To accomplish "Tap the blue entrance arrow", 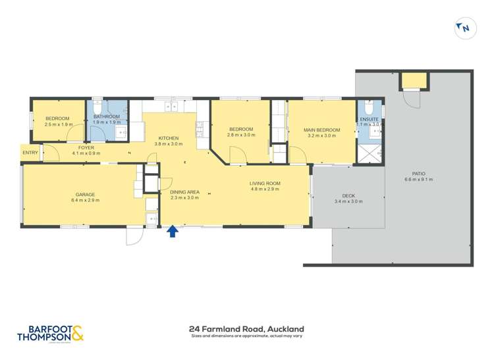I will click(x=173, y=230).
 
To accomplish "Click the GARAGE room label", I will click(x=85, y=194).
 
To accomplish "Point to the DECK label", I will click(x=348, y=195).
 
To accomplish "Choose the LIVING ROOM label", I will click(x=265, y=183).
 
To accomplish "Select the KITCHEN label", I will click(x=168, y=137).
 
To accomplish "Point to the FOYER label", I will click(x=86, y=147).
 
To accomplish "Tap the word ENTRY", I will click(x=30, y=153).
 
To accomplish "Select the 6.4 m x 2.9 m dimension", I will click(x=85, y=200).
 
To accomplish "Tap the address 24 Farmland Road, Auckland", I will click(x=247, y=328).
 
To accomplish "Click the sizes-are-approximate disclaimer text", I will click(x=247, y=336).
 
